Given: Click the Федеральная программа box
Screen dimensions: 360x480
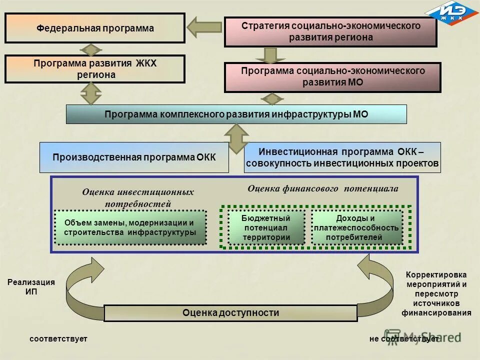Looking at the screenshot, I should click(x=95, y=28).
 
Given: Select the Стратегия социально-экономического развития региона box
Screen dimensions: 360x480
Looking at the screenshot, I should click(x=330, y=31).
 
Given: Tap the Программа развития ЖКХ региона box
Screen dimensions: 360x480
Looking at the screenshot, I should click(x=95, y=69).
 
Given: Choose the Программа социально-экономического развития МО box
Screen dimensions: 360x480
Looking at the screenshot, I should click(x=332, y=77).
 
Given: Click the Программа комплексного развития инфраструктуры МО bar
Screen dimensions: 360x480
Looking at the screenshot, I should click(x=236, y=114).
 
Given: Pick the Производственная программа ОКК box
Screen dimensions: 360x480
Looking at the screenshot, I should click(x=134, y=157).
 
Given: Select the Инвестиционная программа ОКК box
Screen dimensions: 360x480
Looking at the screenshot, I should click(x=342, y=157).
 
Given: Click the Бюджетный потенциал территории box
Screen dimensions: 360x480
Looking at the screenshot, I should click(x=266, y=227).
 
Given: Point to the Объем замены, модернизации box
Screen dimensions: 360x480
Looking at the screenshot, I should click(x=130, y=227).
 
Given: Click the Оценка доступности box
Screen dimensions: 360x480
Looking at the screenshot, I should click(x=230, y=313).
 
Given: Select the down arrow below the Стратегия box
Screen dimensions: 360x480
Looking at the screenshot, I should click(x=270, y=54).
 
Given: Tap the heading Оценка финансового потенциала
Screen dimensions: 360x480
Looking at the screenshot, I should click(x=323, y=189).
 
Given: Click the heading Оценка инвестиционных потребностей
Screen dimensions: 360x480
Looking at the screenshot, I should click(x=137, y=197).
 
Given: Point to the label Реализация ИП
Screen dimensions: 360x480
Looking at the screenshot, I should click(x=31, y=287).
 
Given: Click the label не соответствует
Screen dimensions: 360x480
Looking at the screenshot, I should click(x=403, y=339).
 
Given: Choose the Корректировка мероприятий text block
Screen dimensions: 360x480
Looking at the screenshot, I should click(x=436, y=294).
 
